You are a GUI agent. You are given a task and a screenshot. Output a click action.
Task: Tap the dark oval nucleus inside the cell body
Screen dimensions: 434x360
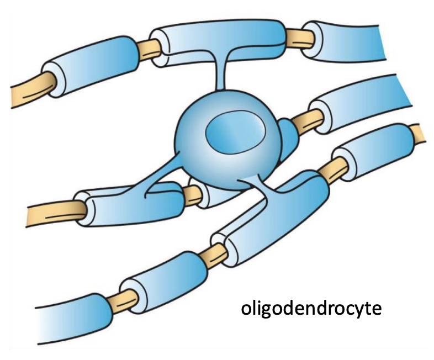click(229, 133)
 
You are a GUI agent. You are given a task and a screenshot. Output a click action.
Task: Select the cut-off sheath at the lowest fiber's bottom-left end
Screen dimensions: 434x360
click(72, 320)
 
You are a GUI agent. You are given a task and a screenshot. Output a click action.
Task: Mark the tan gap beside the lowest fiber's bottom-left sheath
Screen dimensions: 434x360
click(124, 298)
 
